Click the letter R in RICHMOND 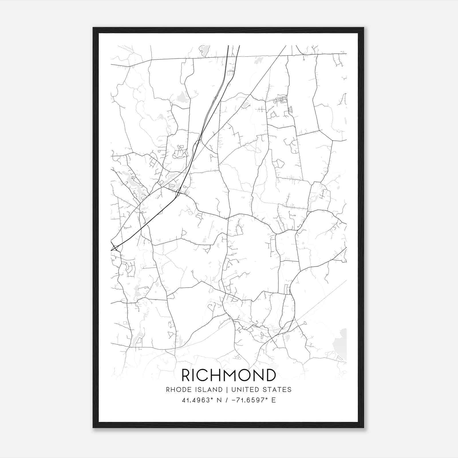(186, 375)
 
